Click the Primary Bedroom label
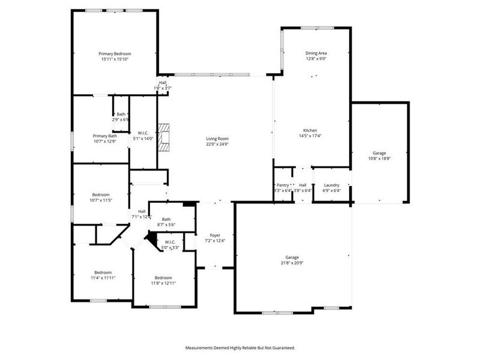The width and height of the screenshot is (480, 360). [115, 53]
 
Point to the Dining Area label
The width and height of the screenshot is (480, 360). [316, 53]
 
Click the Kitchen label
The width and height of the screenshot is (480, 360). [310, 130]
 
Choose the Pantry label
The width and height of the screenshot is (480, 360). [283, 185]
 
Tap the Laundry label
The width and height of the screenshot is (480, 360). [332, 185]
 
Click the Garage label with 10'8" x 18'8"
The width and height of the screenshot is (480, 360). [379, 153]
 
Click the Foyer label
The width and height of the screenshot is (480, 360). [215, 235]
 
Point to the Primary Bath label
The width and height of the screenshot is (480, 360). [104, 136]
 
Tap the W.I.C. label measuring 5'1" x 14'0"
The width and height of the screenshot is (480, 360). [143, 133]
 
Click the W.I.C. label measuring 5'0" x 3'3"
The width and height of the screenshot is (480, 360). [170, 242]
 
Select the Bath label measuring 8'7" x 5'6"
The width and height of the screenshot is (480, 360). [166, 219]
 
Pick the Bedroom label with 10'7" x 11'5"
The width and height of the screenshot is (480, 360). [101, 194]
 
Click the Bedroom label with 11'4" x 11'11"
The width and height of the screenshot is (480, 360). [103, 272]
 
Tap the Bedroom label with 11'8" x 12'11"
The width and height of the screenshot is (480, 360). [163, 277]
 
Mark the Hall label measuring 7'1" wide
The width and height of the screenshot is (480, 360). [142, 211]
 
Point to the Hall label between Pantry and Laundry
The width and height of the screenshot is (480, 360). [303, 185]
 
